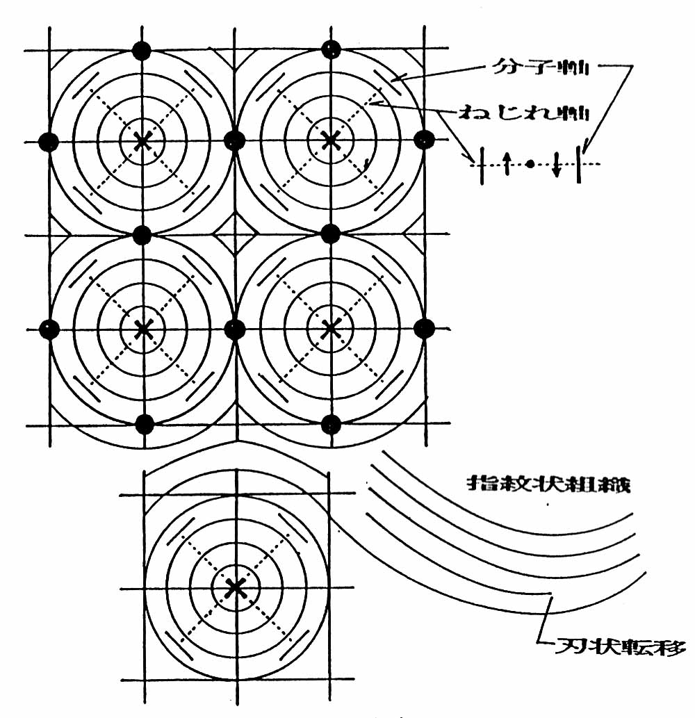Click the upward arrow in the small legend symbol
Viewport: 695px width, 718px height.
coord(508,165)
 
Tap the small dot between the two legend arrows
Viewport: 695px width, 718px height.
coord(531,164)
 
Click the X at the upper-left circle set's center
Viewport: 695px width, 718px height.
coord(142,140)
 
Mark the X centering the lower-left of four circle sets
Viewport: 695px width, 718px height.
coord(142,328)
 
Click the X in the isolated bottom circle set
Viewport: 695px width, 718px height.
coord(236,588)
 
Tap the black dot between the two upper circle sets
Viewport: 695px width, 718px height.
coord(236,140)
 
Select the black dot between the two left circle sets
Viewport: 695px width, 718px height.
coord(142,234)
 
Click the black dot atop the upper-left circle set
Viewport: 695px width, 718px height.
coord(142,50)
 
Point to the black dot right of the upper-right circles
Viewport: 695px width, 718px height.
coord(423,140)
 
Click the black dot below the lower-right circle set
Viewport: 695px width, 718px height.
coord(332,423)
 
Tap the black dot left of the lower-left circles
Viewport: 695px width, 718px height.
coord(48,328)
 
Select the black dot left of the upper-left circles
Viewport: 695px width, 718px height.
coord(48,142)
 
